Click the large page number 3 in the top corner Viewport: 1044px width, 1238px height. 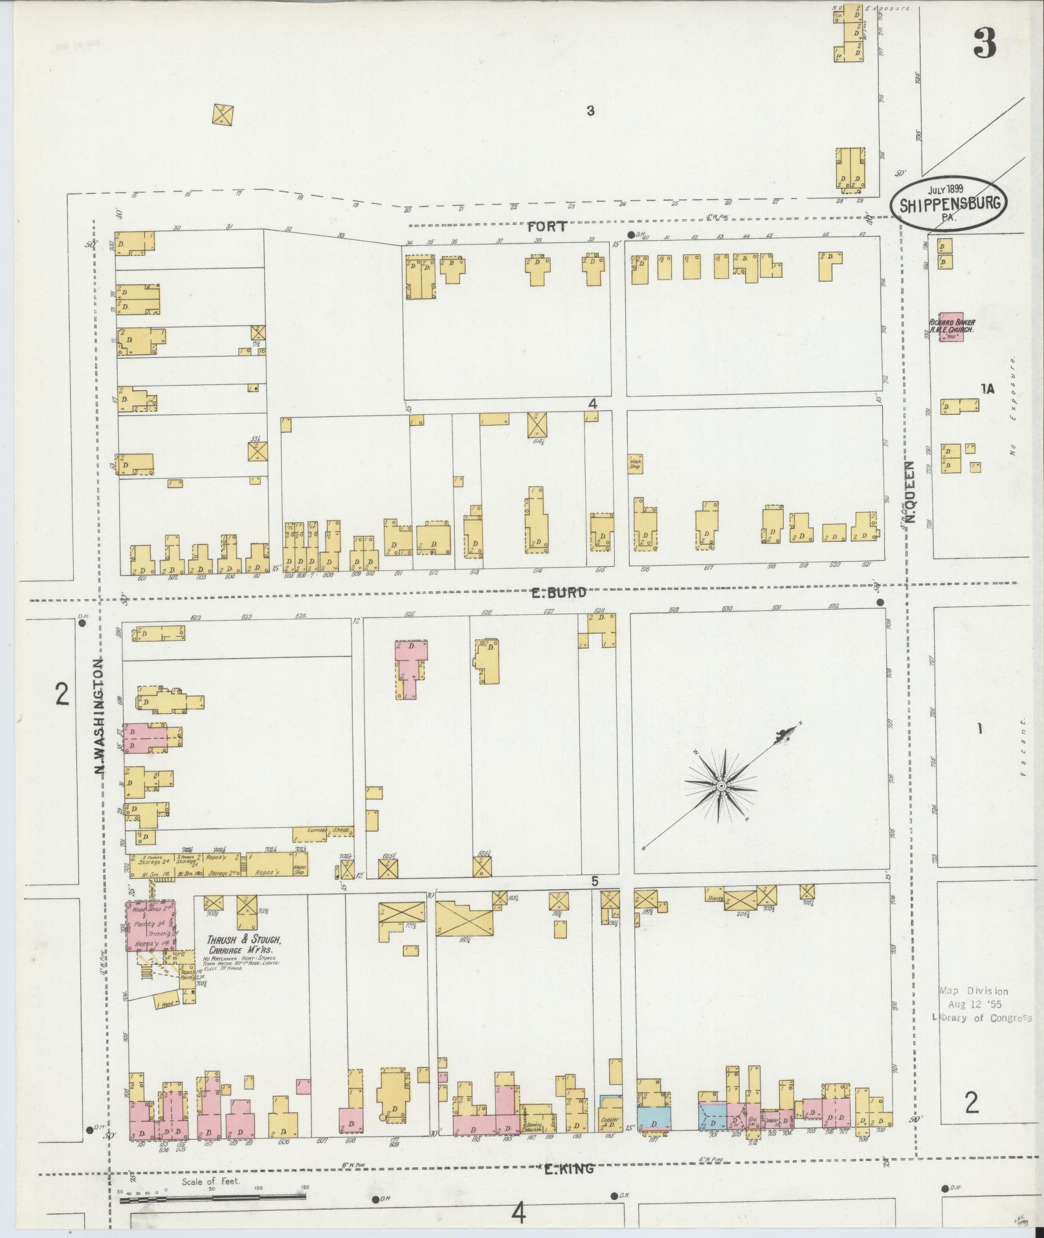pos(983,45)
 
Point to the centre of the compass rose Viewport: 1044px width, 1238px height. pos(720,785)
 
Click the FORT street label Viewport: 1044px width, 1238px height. pos(547,227)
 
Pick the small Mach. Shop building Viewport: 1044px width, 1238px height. pos(636,463)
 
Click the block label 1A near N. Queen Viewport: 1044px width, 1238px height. pos(987,389)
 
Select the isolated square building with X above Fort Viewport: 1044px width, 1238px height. pos(222,115)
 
